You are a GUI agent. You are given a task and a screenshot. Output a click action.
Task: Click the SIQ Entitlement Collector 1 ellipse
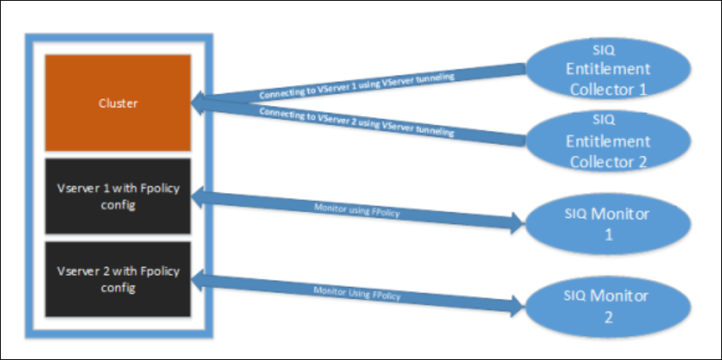(x=608, y=69)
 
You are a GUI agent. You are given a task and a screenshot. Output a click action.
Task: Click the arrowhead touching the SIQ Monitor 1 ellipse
(x=517, y=226)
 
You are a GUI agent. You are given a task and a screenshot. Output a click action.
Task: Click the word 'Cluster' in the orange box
(x=118, y=103)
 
